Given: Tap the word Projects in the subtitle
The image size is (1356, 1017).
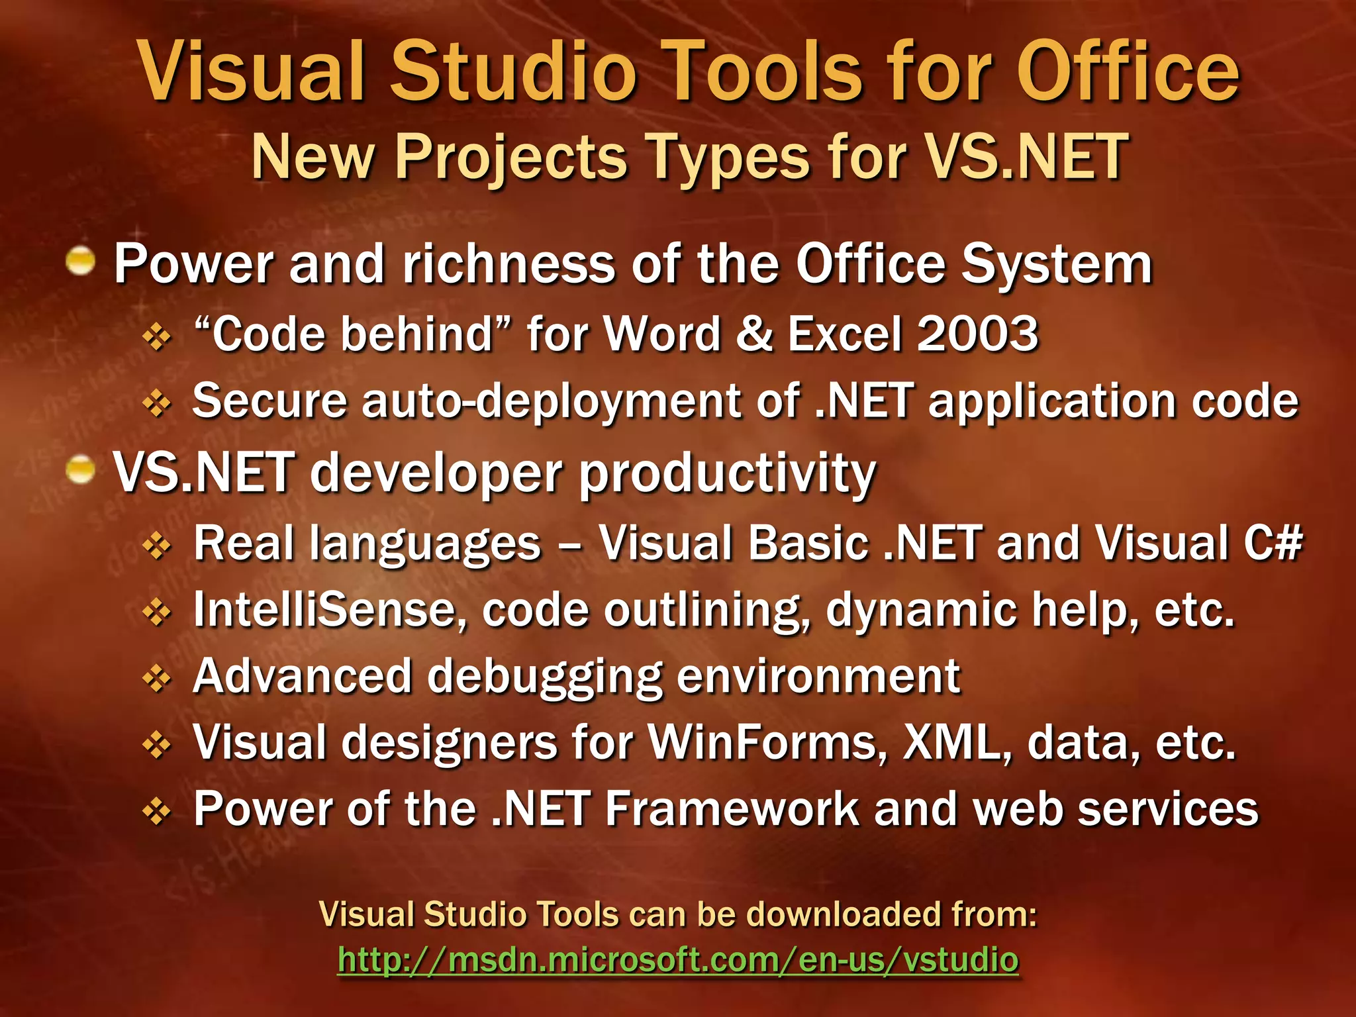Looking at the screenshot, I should pyautogui.click(x=510, y=158).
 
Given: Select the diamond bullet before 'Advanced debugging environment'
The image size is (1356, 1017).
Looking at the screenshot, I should pyautogui.click(x=157, y=679).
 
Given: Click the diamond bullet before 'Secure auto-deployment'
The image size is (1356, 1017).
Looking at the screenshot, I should pyautogui.click(x=157, y=403).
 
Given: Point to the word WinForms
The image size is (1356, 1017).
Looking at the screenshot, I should pyautogui.click(x=767, y=742).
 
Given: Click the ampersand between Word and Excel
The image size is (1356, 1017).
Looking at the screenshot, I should pyautogui.click(x=753, y=333).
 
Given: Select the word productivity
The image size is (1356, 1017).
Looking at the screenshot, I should pyautogui.click(x=728, y=475).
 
